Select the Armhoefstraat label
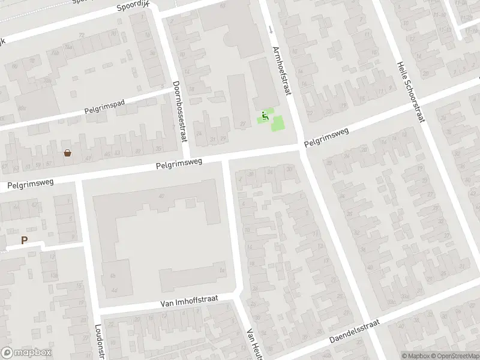pos(281,71)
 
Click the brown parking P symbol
pos(25,241)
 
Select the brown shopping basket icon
pos(68,154)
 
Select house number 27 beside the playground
pos(242,124)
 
